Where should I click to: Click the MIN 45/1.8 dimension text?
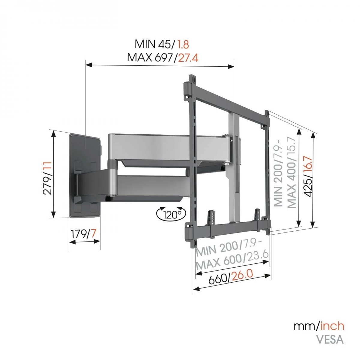(x=162, y=45)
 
